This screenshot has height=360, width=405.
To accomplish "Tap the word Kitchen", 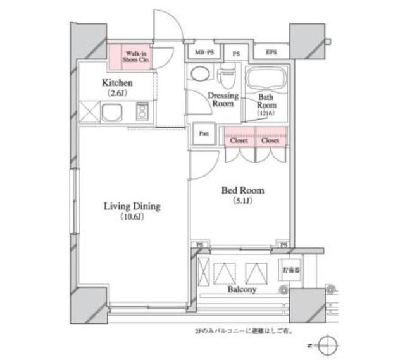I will [x=117, y=83].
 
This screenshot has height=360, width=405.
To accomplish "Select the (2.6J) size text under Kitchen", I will [x=117, y=94].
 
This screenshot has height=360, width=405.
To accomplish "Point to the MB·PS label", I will [x=202, y=53].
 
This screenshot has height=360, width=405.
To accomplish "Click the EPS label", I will [x=271, y=53].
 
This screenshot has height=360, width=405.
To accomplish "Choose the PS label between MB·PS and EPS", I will [x=236, y=53].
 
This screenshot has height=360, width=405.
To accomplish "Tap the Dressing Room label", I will [x=223, y=100].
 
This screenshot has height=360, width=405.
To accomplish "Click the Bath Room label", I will [x=265, y=102].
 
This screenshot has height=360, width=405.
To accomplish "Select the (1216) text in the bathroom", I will [x=265, y=113].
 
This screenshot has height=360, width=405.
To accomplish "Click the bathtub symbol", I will [x=266, y=79].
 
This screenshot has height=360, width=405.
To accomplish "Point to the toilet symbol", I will [x=226, y=77].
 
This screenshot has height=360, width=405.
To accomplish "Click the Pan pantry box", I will [x=203, y=134].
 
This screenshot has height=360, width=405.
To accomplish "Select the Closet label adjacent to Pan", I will [x=239, y=141].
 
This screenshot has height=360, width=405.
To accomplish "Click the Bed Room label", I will [x=242, y=190].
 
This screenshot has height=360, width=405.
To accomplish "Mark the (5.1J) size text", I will [x=242, y=201].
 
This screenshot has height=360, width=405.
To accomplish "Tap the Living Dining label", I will [x=132, y=206].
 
